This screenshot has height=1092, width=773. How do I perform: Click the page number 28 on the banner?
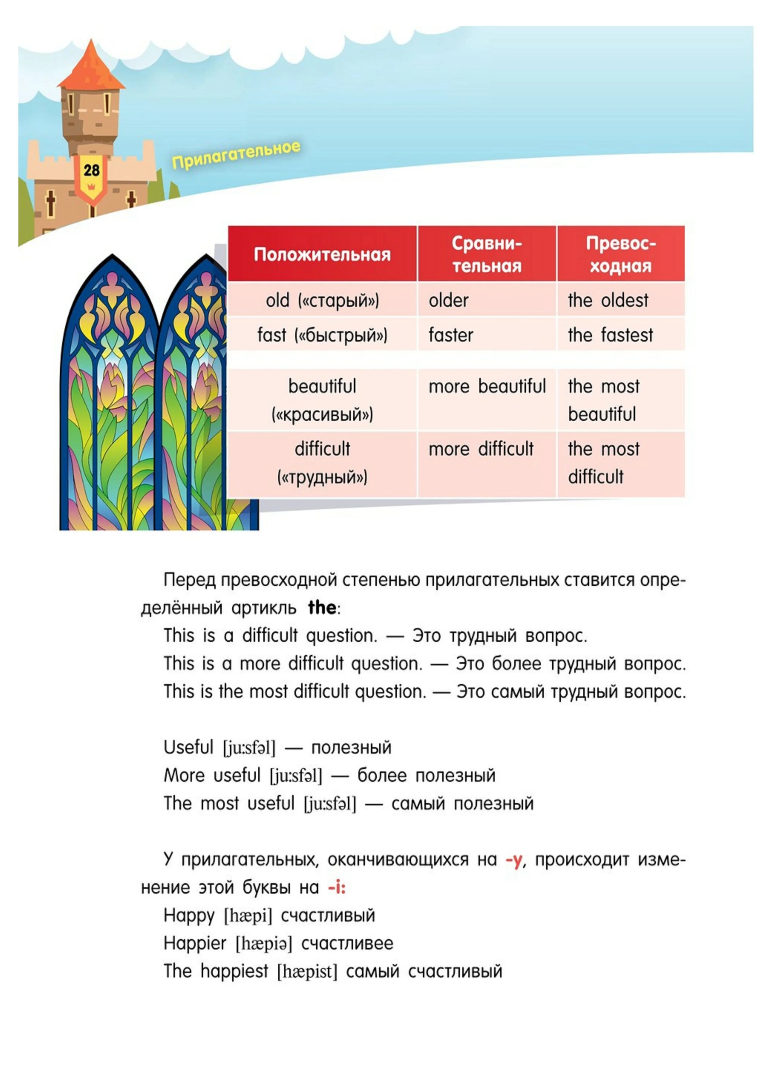[91, 170]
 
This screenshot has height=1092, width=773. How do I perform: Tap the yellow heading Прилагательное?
[236, 155]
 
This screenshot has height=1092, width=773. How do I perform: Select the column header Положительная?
[322, 254]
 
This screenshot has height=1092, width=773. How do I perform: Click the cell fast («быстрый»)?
[322, 335]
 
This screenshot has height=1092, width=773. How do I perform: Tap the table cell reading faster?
[451, 335]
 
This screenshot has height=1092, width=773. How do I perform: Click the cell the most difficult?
[604, 463]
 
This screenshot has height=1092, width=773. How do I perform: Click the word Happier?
[195, 943]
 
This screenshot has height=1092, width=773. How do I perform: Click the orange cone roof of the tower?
[91, 66]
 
